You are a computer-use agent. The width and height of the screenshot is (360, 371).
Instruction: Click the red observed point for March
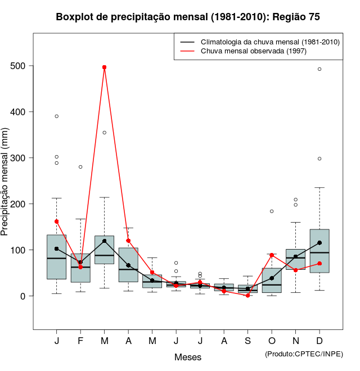[x=105, y=67]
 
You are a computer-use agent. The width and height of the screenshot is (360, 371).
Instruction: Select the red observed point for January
[x=57, y=221]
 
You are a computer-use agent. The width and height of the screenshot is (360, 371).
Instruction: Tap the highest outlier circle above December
[x=319, y=69]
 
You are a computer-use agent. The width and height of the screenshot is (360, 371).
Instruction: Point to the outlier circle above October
[x=272, y=211]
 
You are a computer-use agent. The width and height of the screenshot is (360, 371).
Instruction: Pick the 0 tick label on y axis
[x=25, y=296]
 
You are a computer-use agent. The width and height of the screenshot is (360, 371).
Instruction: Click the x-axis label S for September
[x=247, y=341]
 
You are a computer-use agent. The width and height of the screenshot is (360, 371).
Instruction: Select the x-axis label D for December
[x=319, y=341]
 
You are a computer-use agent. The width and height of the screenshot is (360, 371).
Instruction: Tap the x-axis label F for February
[x=80, y=341]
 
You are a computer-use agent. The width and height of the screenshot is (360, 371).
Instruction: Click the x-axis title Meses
[x=188, y=358]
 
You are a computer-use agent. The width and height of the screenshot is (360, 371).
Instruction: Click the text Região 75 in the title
[x=296, y=17]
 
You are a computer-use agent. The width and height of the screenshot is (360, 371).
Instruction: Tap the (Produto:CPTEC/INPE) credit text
[x=304, y=354]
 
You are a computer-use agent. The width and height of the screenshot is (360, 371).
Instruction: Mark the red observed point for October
[x=272, y=255]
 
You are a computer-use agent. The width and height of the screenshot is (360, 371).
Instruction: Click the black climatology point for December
[x=319, y=243]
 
